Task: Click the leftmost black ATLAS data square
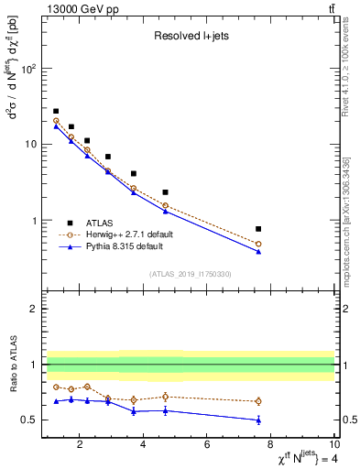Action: [x=56, y=111]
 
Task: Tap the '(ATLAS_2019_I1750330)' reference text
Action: [x=189, y=274]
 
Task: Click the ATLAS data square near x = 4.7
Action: [x=165, y=192]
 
